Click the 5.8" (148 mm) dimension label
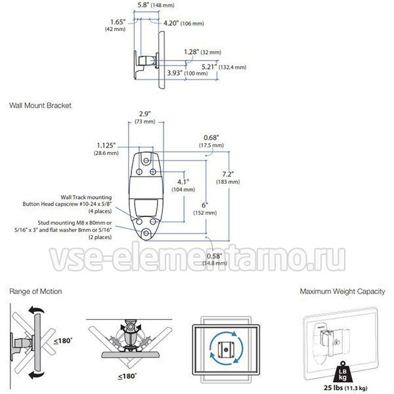click(x=156, y=5)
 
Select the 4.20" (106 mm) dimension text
click(x=184, y=24)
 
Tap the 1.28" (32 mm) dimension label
click(x=202, y=53)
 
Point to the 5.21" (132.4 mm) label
click(x=224, y=67)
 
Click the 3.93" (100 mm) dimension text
click(x=187, y=73)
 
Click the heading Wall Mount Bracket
click(x=40, y=105)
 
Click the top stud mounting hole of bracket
click(x=146, y=160)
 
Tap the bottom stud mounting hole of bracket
click(x=146, y=233)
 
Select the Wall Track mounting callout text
click(x=68, y=204)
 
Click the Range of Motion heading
click(x=35, y=292)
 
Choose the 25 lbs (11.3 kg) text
click(x=345, y=387)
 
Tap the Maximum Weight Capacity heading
click(x=342, y=292)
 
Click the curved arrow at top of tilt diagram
click(x=36, y=311)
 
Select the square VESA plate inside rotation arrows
click(x=227, y=349)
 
